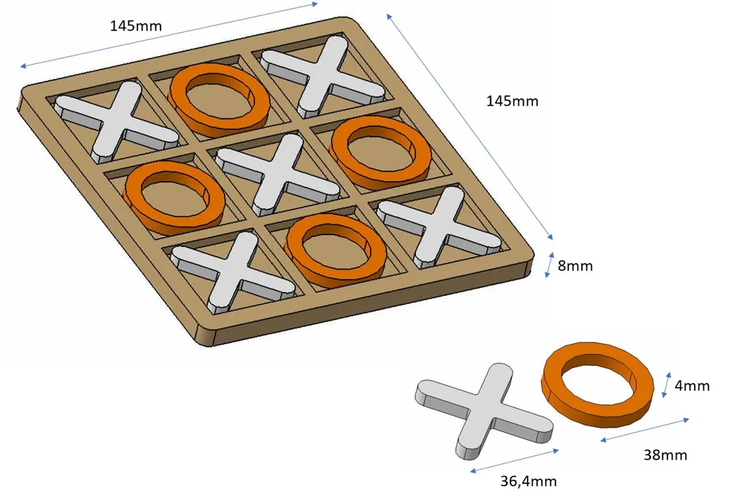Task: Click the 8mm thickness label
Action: point(575,265)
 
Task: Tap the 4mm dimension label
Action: point(692,386)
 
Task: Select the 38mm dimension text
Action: point(665,455)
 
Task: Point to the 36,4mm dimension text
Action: point(528,481)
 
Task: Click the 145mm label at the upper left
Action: point(136,25)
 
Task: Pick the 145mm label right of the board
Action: point(512,101)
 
